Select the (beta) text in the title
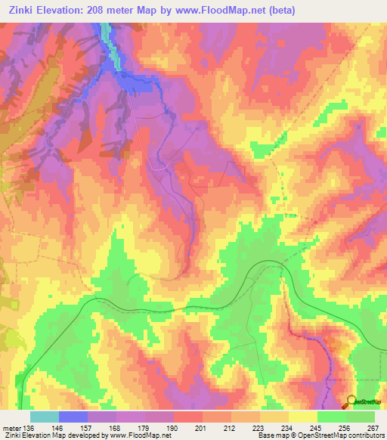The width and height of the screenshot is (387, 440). point(278,11)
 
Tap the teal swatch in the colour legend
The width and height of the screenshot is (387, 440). point(44,417)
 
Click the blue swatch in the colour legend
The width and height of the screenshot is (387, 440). point(73,417)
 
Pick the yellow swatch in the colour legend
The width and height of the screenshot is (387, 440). point(302,417)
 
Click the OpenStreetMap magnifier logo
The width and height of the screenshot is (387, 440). point(351,402)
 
